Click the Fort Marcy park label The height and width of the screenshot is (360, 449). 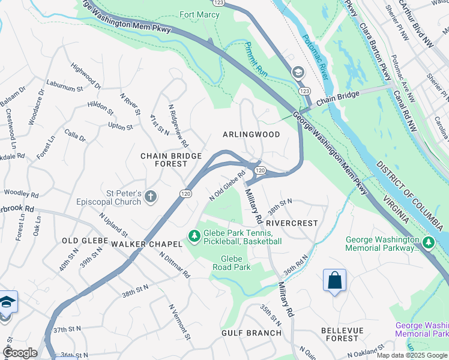(x=200, y=14)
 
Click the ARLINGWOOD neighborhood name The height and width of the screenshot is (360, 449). (x=252, y=134)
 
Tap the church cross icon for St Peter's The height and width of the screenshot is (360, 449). (x=150, y=196)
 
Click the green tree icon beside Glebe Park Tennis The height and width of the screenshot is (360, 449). (x=194, y=237)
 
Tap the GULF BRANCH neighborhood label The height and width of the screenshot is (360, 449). (x=252, y=332)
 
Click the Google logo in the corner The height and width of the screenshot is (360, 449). (x=20, y=353)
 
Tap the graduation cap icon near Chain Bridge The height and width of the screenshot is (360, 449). (x=298, y=73)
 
